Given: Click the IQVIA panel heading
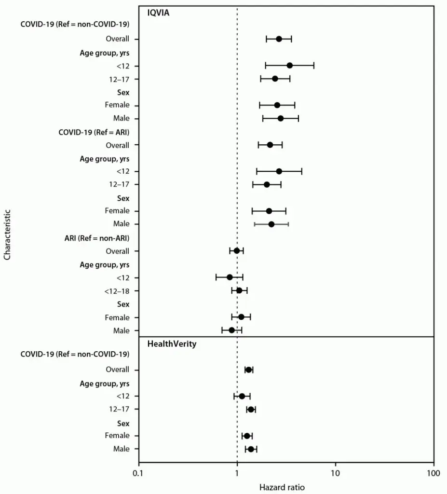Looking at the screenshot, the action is coord(158,13).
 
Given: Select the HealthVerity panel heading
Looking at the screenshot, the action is coord(172,343).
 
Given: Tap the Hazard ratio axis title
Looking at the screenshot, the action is coord(282,487).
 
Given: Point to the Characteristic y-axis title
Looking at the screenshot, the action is coord(7,235).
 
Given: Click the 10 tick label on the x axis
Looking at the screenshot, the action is coord(335,473).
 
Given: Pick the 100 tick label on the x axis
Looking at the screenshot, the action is coord(433,473).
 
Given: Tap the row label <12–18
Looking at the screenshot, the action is coord(117,291).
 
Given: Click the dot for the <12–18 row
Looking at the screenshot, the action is coord(239,290).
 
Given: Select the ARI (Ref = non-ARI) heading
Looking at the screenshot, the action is coord(97,238).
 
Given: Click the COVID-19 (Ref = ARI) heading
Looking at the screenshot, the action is coord(94,132).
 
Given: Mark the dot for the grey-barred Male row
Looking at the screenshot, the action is coord(271,224).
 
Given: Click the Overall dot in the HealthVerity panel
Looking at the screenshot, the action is coord(248,370).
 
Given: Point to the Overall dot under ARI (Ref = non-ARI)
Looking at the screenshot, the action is coord(237,251).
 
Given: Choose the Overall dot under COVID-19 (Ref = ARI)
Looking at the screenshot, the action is coord(270,145).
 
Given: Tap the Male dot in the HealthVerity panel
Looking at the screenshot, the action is coord(251,449).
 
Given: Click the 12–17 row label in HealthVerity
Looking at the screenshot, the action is coord(119,409).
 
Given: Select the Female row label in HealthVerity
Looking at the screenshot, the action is coord(117,436).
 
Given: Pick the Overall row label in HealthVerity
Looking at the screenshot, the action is coord(118,369).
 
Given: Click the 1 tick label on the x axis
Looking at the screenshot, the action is coord(237,473).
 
